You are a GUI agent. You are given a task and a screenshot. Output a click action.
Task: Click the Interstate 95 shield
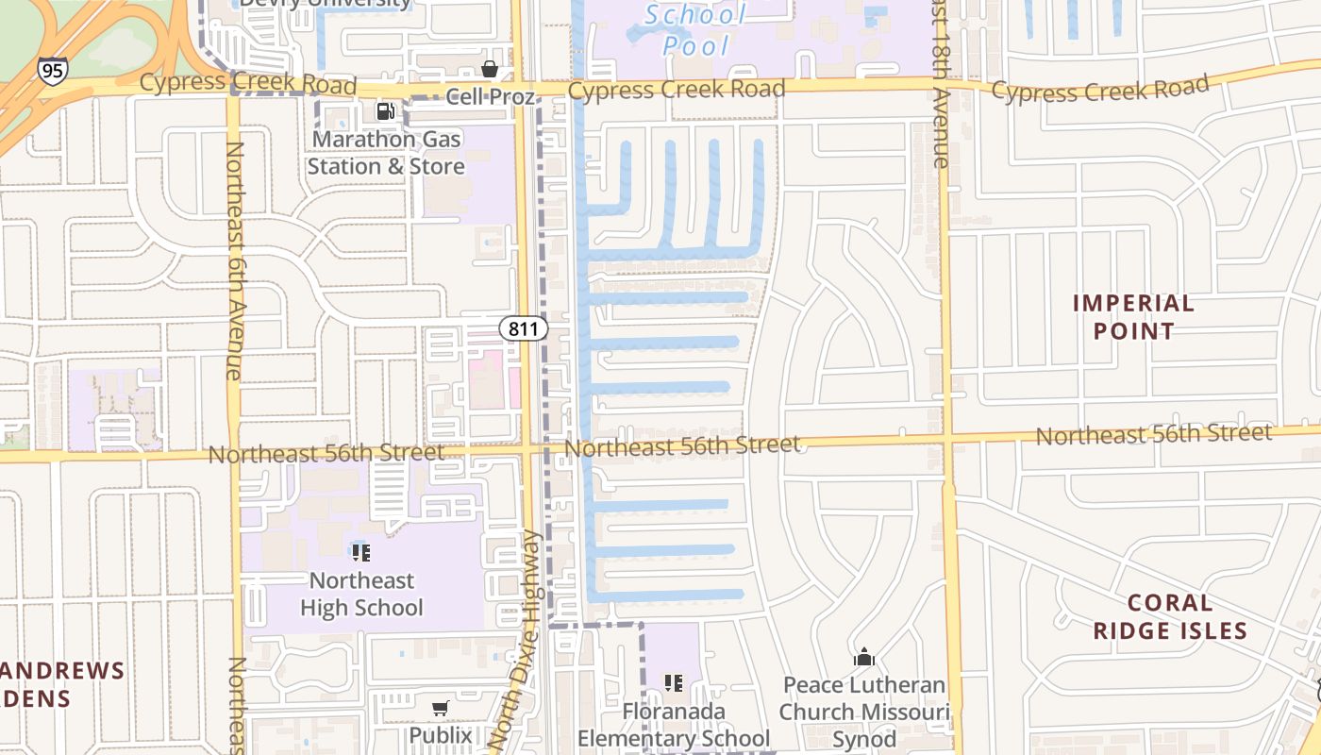pos(53,71)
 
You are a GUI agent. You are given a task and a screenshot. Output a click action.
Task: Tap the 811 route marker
pos(524,328)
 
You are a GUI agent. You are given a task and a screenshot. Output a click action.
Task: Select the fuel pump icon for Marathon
pos(385,111)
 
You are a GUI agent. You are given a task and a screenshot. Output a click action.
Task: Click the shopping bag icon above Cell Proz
pos(490,69)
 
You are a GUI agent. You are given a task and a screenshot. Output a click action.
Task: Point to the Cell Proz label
pos(490,96)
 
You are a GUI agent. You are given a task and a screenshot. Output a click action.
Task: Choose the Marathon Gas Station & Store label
pos(386,153)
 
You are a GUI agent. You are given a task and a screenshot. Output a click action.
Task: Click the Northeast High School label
pos(361,594)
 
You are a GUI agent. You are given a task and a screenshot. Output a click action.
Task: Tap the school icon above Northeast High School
pos(360,552)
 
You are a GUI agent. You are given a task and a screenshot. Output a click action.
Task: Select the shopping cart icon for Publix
pos(440,708)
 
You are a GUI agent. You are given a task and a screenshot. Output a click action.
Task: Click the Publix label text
pos(440,734)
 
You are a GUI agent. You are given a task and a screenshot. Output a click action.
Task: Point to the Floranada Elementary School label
pos(674,724)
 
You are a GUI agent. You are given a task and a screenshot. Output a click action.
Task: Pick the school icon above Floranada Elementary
pos(674,682)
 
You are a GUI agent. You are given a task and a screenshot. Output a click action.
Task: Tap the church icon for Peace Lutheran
pos(864,658)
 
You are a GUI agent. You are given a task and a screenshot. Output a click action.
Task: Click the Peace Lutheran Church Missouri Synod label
pos(864,712)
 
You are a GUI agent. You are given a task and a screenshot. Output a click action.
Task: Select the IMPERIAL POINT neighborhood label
pos(1133,317)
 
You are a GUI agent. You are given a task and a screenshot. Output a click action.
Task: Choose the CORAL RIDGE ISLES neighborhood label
pos(1170,616)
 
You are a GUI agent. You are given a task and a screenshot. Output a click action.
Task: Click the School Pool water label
pos(695,29)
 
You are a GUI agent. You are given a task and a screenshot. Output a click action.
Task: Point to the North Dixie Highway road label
pos(518,642)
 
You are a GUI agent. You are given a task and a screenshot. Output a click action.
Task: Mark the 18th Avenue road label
pos(939,85)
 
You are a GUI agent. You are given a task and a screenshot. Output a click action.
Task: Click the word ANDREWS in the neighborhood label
pos(62,671)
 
